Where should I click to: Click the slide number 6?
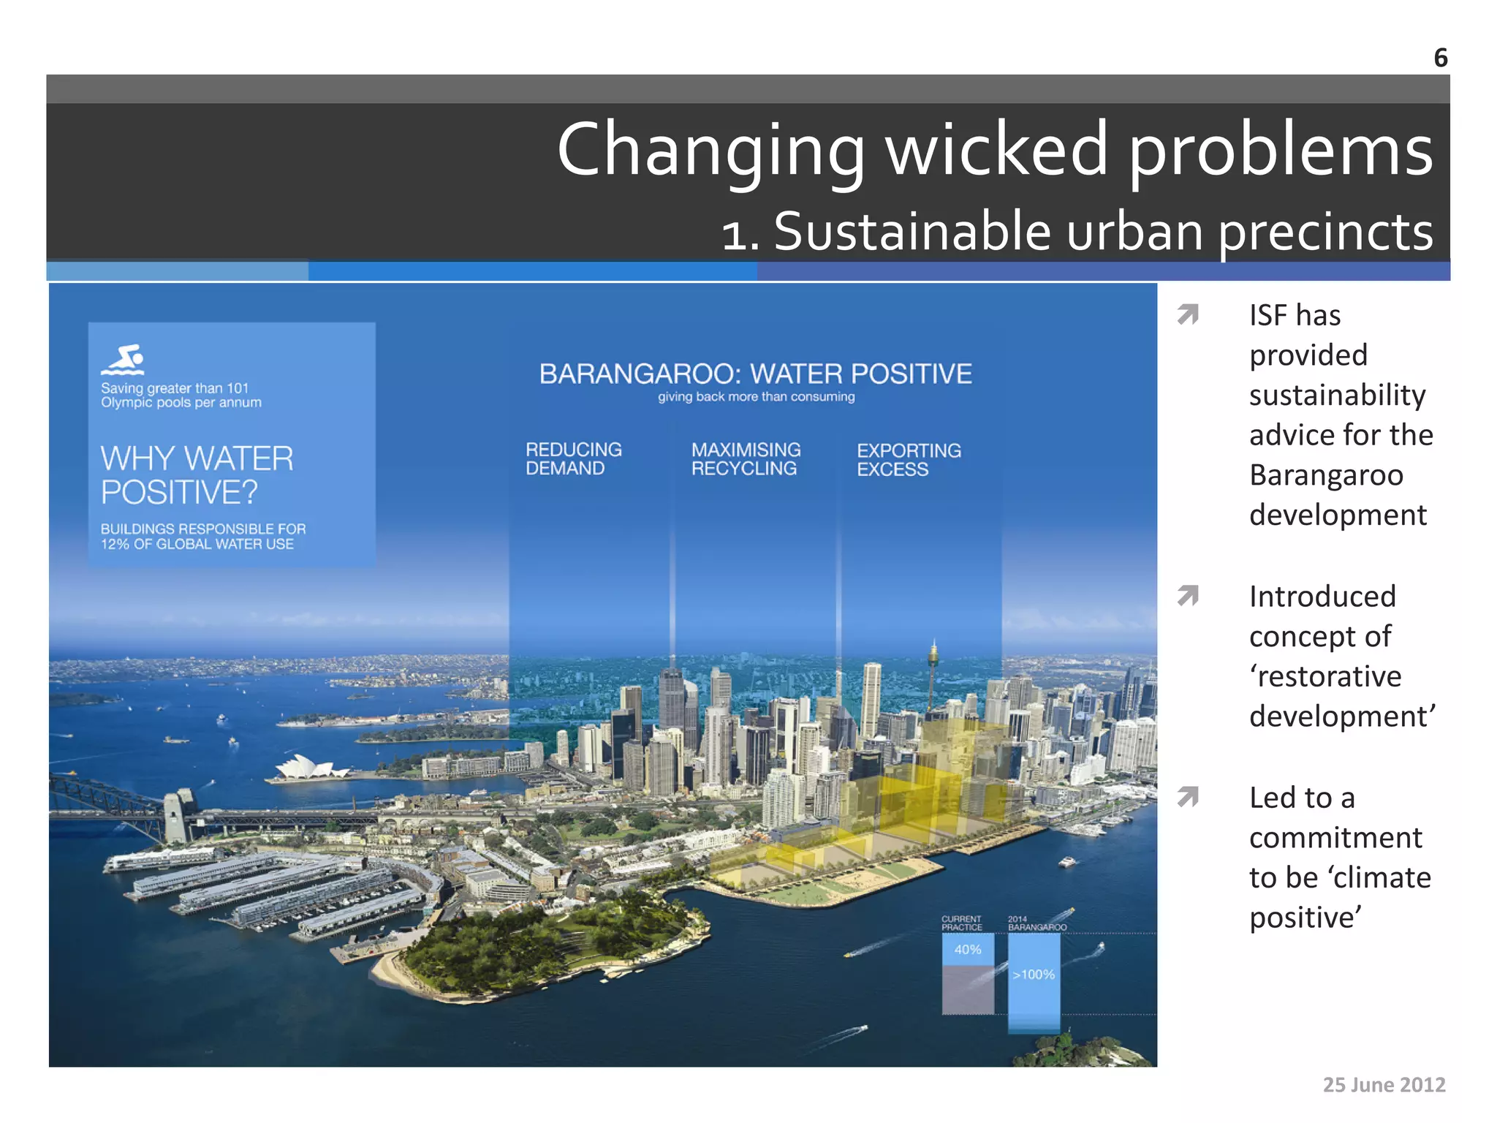click(1440, 58)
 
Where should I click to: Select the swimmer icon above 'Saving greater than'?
click(123, 360)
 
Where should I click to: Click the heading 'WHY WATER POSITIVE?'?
click(197, 475)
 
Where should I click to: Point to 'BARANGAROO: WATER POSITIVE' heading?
click(755, 374)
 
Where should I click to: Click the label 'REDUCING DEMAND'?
click(573, 459)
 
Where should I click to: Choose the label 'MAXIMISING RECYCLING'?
click(746, 459)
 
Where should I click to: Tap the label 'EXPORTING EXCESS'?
click(909, 460)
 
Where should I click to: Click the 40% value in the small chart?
click(967, 950)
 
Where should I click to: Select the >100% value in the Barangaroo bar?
click(1034, 975)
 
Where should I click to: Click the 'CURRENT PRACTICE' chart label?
click(961, 923)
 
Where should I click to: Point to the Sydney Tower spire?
click(933, 658)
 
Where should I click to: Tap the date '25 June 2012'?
click(1384, 1084)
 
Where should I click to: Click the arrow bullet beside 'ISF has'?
click(1188, 314)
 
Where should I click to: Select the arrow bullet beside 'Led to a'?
click(1188, 796)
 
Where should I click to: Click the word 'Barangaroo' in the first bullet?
click(1326, 475)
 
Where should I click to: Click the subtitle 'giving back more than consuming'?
click(756, 397)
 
